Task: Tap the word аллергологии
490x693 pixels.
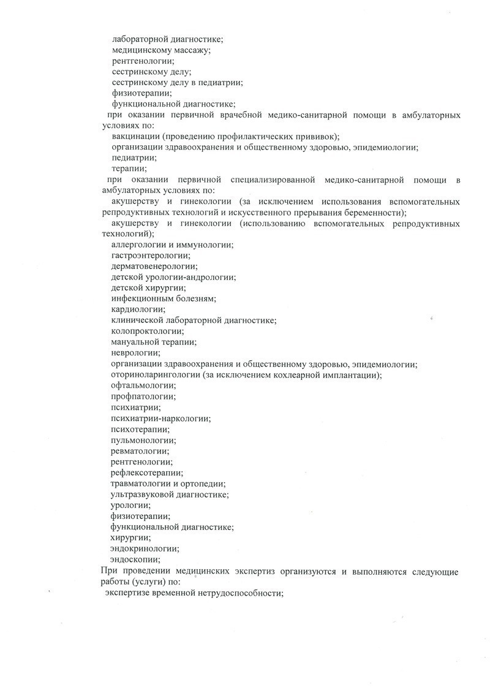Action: [141, 244]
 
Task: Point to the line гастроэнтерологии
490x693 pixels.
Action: [150, 256]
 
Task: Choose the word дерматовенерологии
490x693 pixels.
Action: [154, 266]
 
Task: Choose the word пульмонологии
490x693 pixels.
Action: [141, 440]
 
